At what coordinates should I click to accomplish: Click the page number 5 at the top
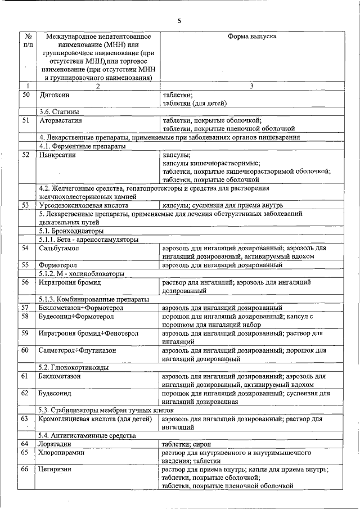tap(179, 21)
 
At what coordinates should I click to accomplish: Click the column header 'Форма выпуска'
tap(251, 36)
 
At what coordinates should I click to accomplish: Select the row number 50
tap(26, 95)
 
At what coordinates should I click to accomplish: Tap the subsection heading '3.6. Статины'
tap(58, 111)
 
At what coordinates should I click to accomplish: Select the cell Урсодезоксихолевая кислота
tap(84, 205)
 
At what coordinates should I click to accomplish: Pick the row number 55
tap(26, 264)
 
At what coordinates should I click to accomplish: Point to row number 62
tap(26, 393)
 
